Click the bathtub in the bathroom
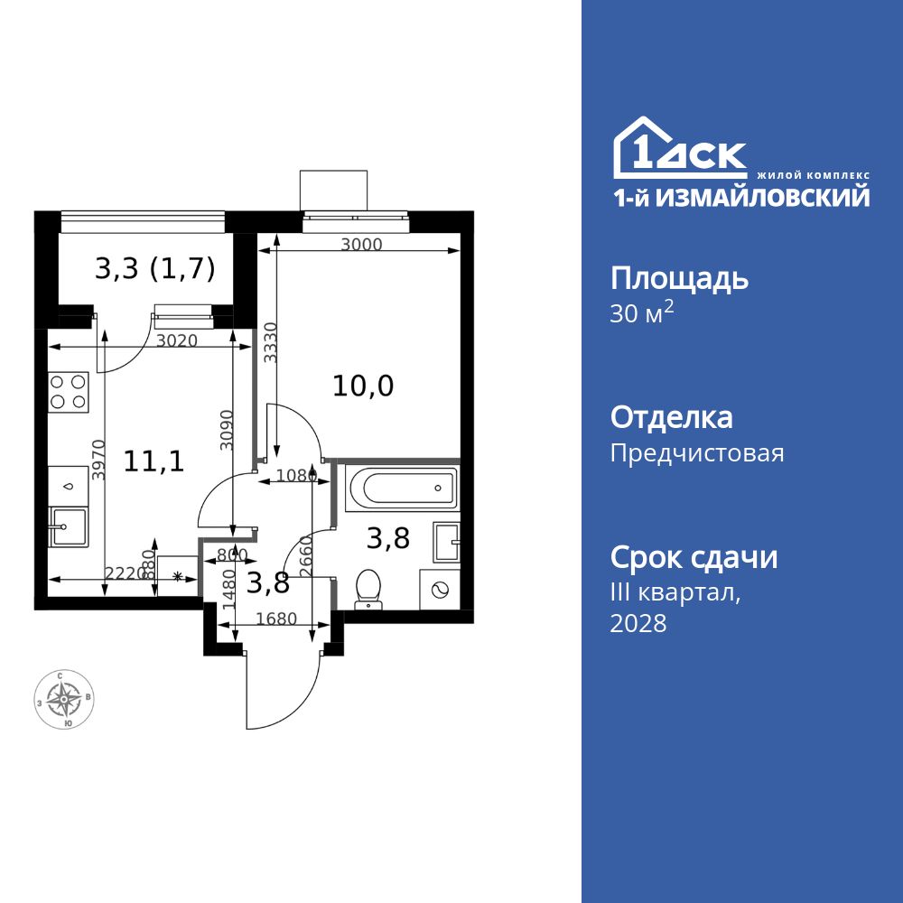[x=397, y=489]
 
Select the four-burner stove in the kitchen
[x=69, y=392]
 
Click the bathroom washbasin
[x=447, y=542]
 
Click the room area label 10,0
[x=363, y=386]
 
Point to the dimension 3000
[x=362, y=245]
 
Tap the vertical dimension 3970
[x=99, y=461]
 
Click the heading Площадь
[x=679, y=278]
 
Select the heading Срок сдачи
[x=694, y=557]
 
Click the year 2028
[x=638, y=623]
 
